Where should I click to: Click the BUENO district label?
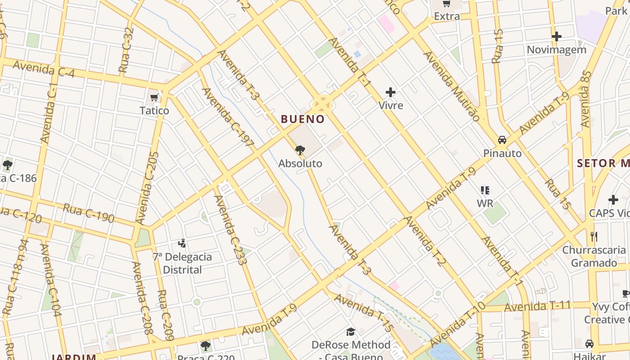pyautogui.click(x=302, y=119)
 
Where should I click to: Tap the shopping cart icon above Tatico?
pyautogui.click(x=154, y=98)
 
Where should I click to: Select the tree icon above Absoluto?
pyautogui.click(x=300, y=150)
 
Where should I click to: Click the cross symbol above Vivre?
pyautogui.click(x=391, y=93)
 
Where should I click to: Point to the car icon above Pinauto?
pyautogui.click(x=502, y=140)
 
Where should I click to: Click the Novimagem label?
pyautogui.click(x=557, y=49)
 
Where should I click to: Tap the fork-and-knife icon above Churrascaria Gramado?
pyautogui.click(x=594, y=236)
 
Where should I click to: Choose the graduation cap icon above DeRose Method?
pyautogui.click(x=351, y=332)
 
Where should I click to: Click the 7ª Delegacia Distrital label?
pyautogui.click(x=182, y=263)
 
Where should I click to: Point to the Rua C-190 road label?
pyautogui.click(x=88, y=212)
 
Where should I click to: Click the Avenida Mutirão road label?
pyautogui.click(x=451, y=85)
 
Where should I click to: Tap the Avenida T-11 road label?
pyautogui.click(x=537, y=306)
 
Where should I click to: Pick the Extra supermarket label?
pyautogui.click(x=447, y=17)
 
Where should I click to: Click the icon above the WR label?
pyautogui.click(x=485, y=190)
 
